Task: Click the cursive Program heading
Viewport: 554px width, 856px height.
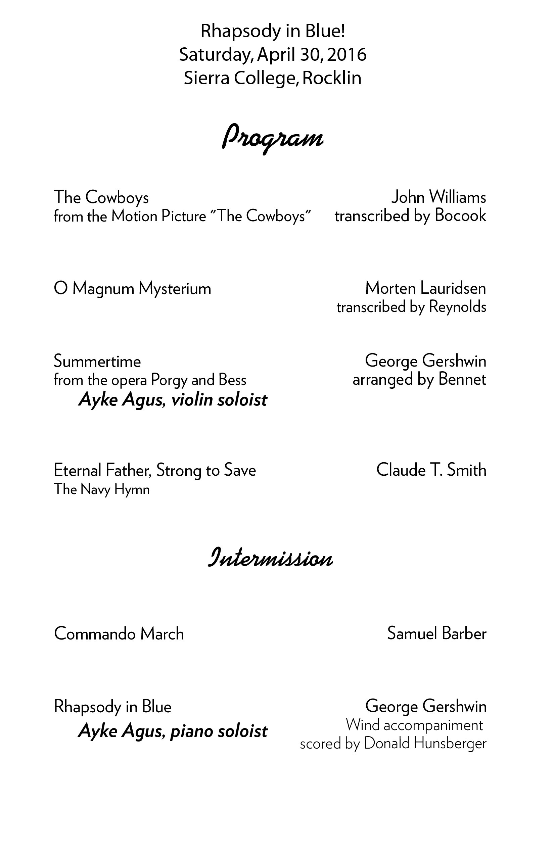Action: [272, 138]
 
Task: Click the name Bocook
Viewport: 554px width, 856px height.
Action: [460, 216]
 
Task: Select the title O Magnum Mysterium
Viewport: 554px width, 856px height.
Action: [132, 288]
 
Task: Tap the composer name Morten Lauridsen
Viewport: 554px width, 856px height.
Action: [426, 288]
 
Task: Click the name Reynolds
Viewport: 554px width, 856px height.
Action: [458, 307]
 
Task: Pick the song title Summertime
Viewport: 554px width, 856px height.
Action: [97, 361]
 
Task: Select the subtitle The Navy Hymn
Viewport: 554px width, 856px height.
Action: [101, 489]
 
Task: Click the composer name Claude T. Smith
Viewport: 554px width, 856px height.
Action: [431, 470]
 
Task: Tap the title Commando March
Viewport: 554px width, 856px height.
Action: [119, 633]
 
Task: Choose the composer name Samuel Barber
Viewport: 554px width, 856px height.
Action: [436, 633]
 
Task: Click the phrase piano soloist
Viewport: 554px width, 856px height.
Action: [219, 731]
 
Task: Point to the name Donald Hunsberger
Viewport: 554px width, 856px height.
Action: [425, 744]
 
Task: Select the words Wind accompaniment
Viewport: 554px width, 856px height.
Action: [414, 725]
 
